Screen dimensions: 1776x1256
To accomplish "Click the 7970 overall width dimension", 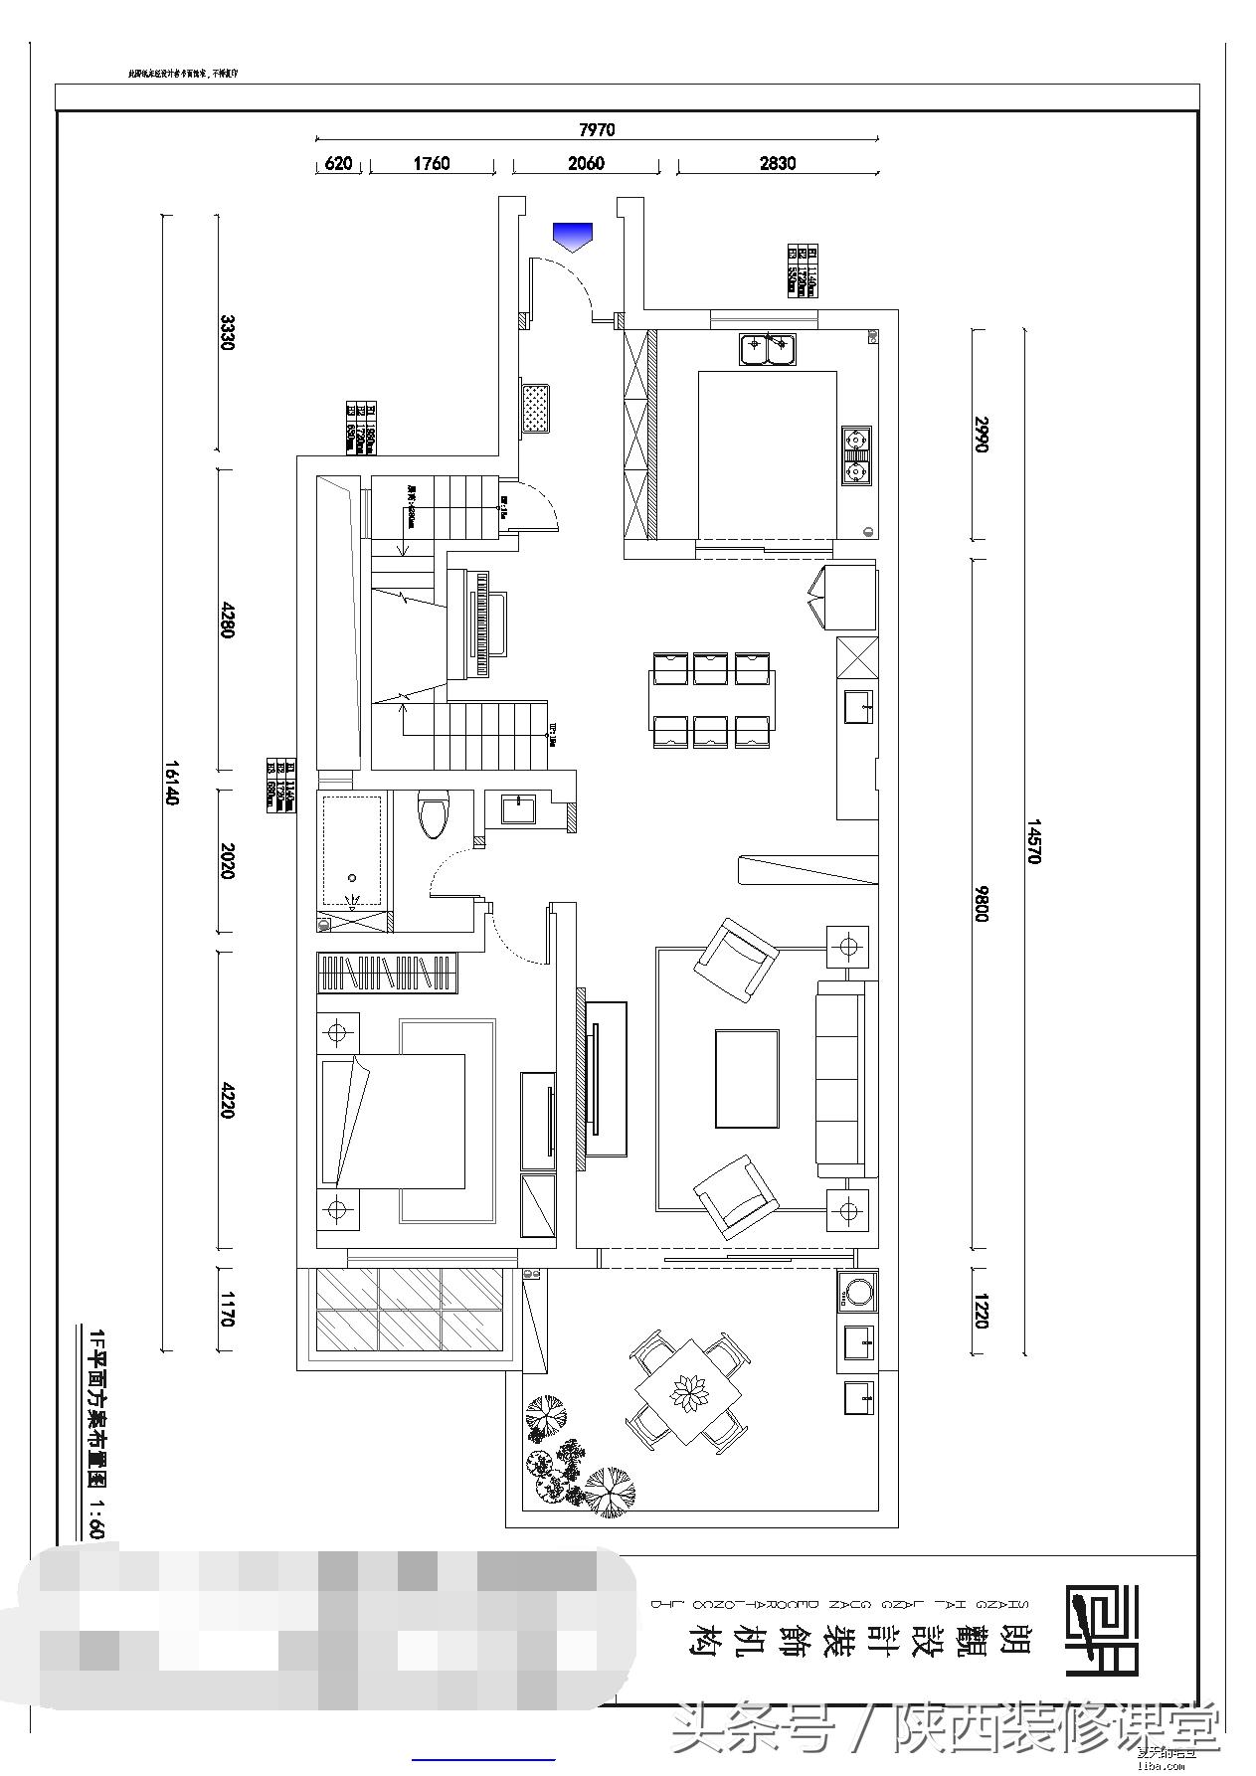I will click(x=597, y=129).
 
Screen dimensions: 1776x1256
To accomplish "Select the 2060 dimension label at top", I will click(x=586, y=163).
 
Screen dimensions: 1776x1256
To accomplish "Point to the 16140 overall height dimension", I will click(x=171, y=783).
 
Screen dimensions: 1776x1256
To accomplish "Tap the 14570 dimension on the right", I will click(x=1033, y=841).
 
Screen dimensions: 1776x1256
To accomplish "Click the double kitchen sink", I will click(x=768, y=348).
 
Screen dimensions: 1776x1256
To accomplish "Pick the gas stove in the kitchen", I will click(x=855, y=454).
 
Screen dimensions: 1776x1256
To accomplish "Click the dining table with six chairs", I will click(x=712, y=700).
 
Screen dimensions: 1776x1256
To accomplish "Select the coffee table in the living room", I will click(x=747, y=1079).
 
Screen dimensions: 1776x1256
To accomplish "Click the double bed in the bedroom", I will click(x=393, y=1121).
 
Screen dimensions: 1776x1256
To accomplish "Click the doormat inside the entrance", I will click(x=537, y=407).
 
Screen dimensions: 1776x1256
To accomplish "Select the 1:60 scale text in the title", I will click(x=96, y=1517).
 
